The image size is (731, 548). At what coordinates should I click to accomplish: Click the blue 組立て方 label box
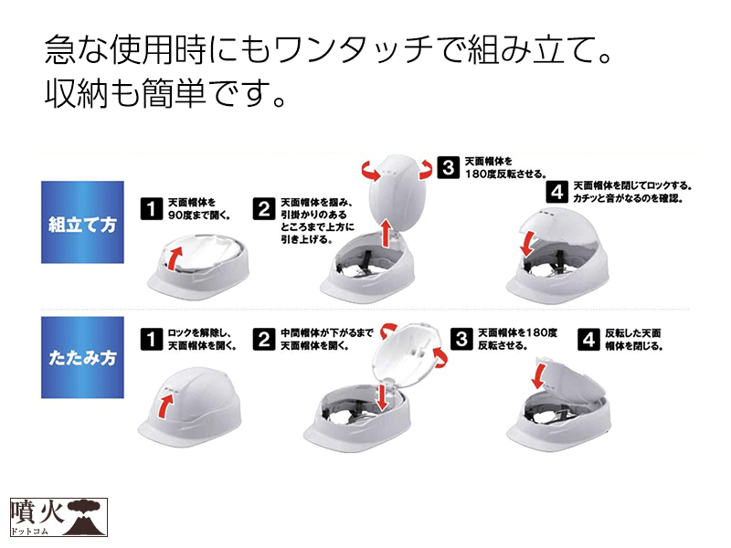(x=82, y=222)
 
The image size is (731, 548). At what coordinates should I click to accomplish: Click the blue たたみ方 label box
(x=82, y=357)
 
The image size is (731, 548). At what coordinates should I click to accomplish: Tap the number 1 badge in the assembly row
(x=152, y=208)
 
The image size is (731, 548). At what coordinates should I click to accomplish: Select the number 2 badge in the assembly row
(x=264, y=208)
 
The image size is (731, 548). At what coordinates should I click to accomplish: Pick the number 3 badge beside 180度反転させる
(x=449, y=167)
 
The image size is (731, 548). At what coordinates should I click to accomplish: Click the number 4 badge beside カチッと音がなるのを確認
(x=557, y=192)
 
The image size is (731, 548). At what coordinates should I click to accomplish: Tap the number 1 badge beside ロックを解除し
(x=152, y=339)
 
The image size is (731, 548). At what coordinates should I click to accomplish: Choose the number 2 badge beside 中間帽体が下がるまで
(x=264, y=339)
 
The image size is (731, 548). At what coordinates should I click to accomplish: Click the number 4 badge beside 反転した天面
(x=589, y=339)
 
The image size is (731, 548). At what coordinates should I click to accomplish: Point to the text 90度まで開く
(x=199, y=216)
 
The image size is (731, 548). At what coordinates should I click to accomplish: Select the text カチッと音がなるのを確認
(x=628, y=198)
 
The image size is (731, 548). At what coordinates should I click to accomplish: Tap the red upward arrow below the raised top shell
(x=386, y=234)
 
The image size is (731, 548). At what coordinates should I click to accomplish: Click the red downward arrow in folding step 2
(x=382, y=396)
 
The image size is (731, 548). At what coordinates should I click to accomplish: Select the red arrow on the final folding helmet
(x=538, y=376)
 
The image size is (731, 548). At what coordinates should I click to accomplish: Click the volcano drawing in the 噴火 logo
(x=82, y=518)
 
